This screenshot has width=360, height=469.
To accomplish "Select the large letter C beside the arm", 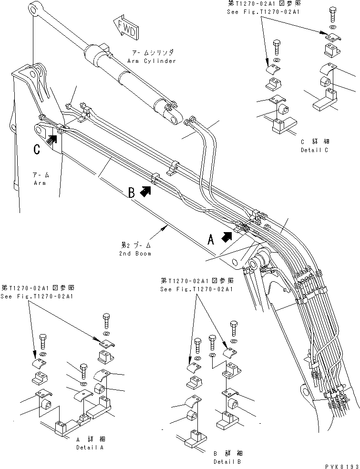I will [37, 149].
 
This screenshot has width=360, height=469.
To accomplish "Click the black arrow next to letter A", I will [228, 235].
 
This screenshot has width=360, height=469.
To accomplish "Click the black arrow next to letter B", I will [146, 192].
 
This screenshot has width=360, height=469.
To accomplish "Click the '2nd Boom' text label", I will [136, 254].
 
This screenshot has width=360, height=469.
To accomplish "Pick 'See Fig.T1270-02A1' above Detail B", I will [196, 289].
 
